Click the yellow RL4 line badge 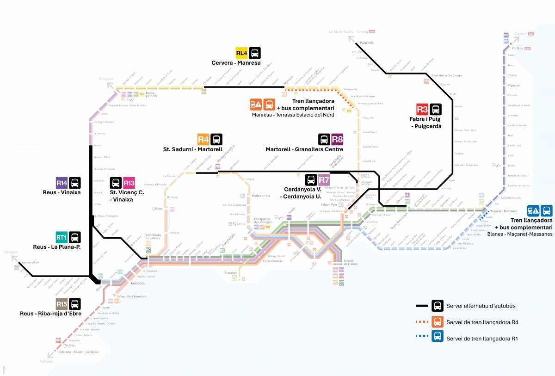(x=242, y=53)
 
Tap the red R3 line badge (x=422, y=109)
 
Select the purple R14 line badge (x=62, y=183)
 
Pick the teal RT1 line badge (x=62, y=237)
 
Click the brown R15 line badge (x=62, y=304)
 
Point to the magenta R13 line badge (x=129, y=183)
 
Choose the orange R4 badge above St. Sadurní (x=203, y=139)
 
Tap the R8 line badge (x=337, y=139)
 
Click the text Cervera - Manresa (x=236, y=63)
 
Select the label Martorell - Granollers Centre (x=304, y=149)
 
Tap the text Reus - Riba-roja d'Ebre (x=51, y=314)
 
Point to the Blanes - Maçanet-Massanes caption (x=520, y=234)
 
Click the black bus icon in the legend (x=438, y=306)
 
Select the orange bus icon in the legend (x=438, y=322)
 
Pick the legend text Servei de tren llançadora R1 (x=482, y=339)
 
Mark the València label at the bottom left (x=47, y=361)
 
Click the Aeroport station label (x=230, y=273)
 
